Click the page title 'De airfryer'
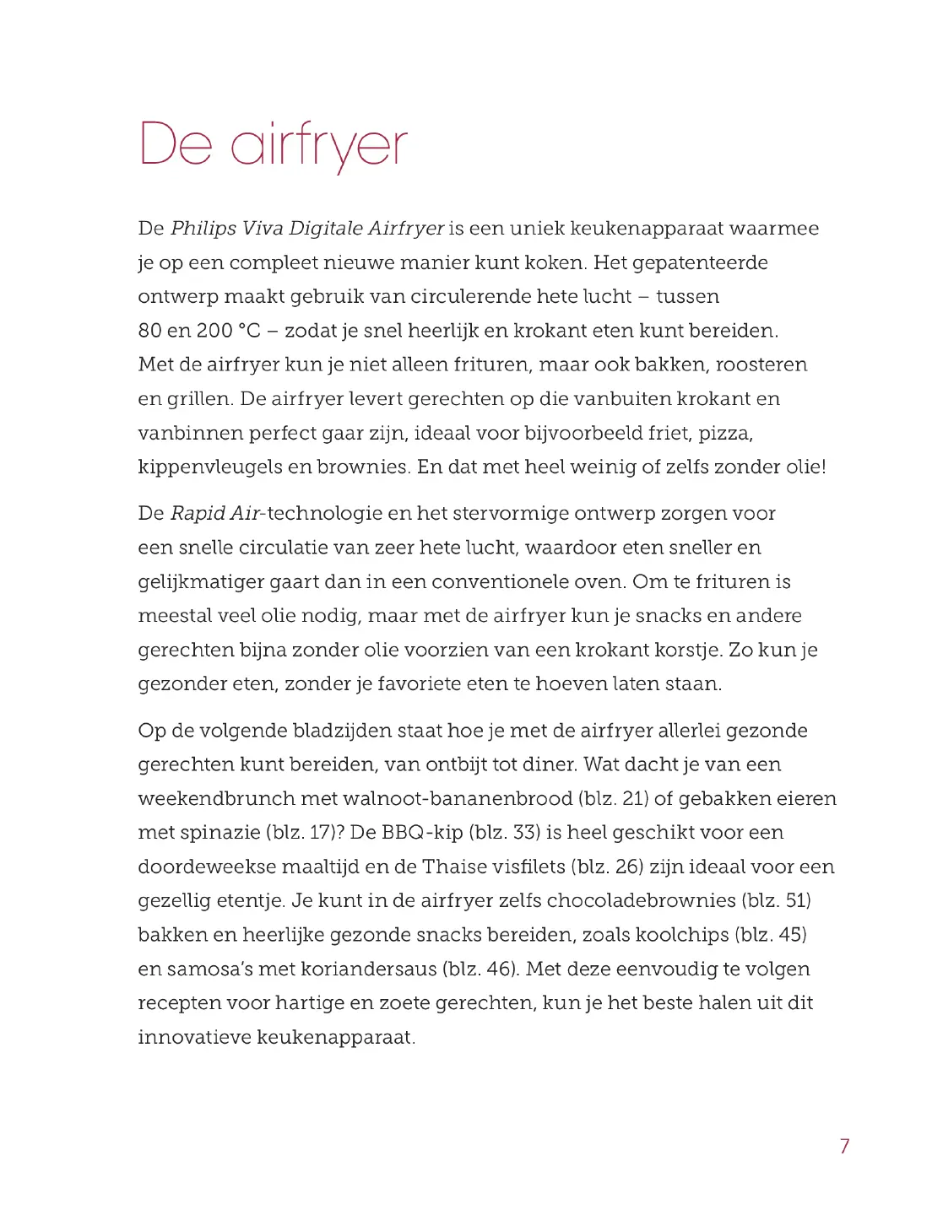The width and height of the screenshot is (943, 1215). [273, 145]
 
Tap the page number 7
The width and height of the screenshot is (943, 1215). [844, 1146]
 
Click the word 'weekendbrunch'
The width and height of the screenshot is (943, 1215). [217, 799]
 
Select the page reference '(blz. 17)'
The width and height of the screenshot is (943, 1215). [300, 833]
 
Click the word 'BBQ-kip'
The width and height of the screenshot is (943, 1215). [422, 833]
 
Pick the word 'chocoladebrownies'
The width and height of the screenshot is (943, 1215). [641, 901]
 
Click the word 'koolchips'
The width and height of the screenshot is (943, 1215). [681, 935]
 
